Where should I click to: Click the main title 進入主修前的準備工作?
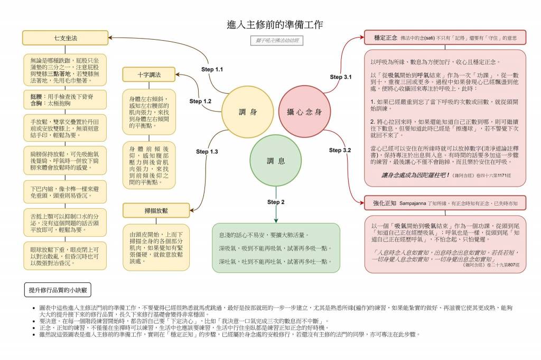(x=275, y=24)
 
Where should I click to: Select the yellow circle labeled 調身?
(x=247, y=112)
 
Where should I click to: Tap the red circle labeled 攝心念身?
(x=304, y=112)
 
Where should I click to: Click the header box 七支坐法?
(x=66, y=39)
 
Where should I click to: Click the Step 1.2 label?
(x=200, y=101)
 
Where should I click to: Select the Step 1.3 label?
(x=207, y=152)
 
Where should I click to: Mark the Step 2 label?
(x=276, y=202)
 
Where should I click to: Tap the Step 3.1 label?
(x=341, y=77)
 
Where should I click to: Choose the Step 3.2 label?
(x=340, y=150)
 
